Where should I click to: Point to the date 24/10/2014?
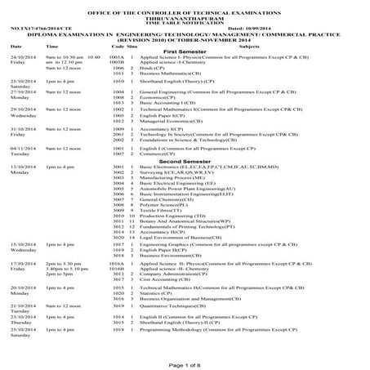22,56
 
